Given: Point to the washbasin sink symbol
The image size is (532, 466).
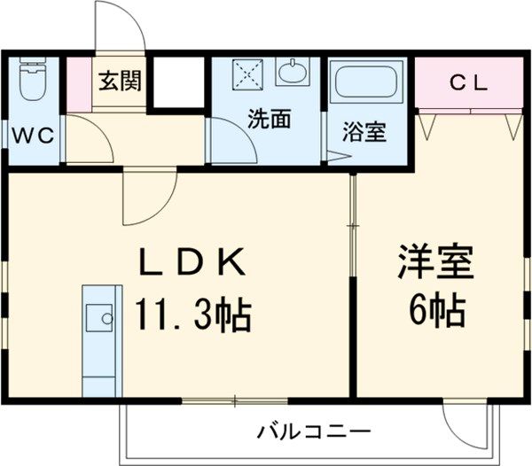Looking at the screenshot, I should point(292,71).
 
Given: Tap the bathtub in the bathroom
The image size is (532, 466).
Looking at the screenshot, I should point(366,85).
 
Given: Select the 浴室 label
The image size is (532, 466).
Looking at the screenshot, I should point(364,134).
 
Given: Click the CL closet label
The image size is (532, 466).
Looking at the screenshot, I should point(469,83).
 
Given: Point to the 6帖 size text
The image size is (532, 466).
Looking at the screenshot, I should point(437,310).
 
